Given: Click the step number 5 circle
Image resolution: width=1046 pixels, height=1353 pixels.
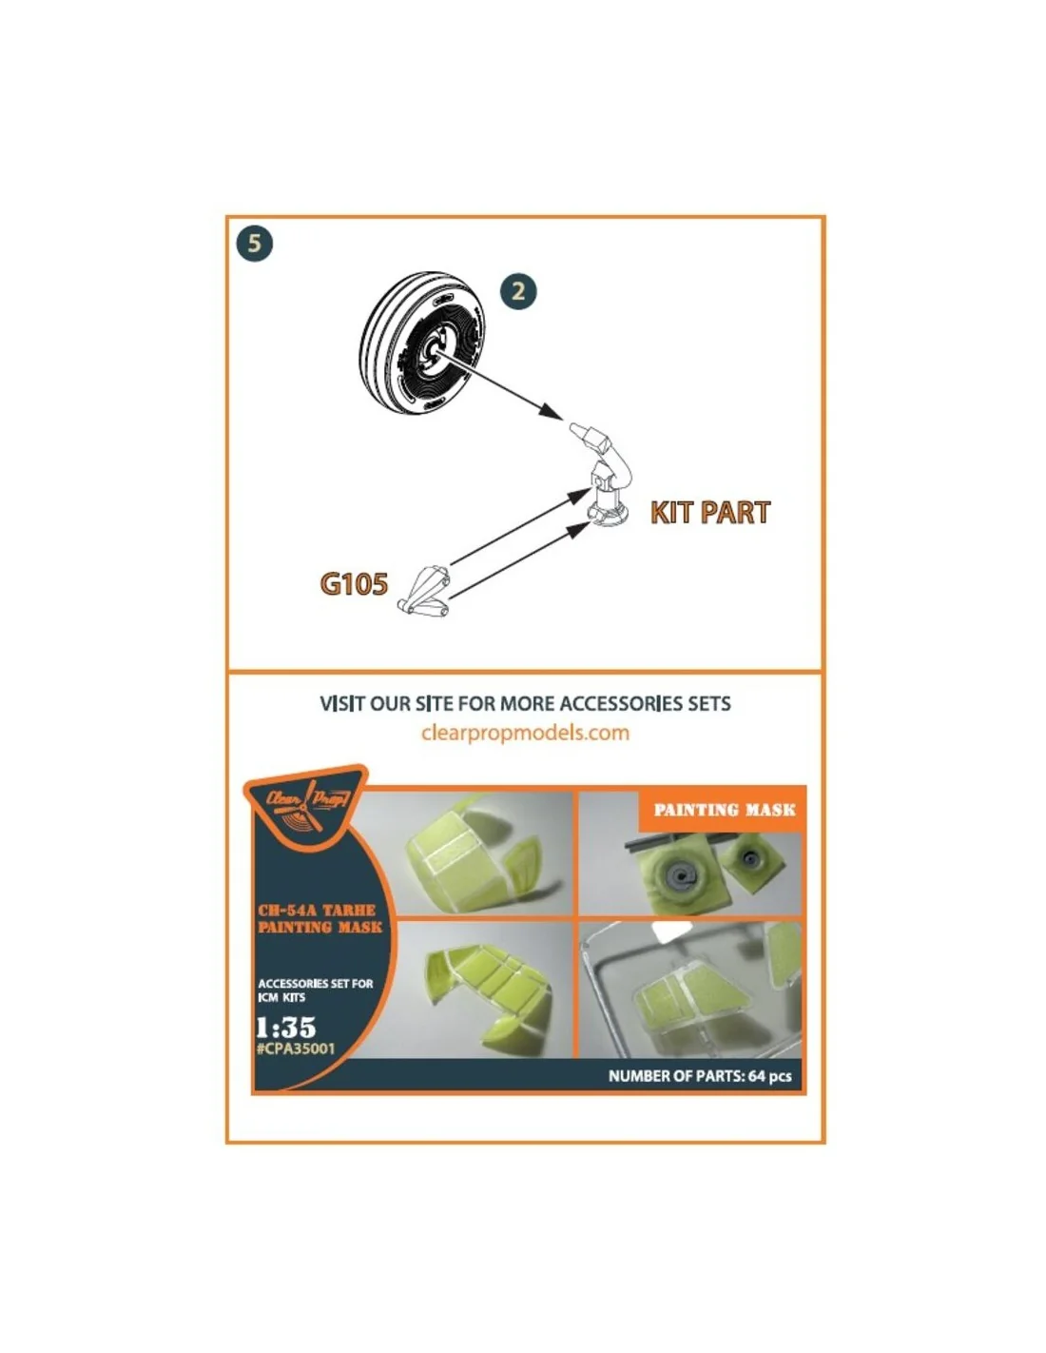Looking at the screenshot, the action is pyautogui.click(x=255, y=243).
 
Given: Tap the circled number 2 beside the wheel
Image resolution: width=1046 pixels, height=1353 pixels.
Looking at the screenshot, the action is pyautogui.click(x=517, y=291).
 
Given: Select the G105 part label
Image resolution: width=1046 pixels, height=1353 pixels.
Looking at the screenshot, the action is pyautogui.click(x=354, y=583).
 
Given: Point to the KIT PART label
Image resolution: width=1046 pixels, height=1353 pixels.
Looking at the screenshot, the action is pyautogui.click(x=710, y=512).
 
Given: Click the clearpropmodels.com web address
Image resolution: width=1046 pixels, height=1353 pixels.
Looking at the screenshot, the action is pyautogui.click(x=525, y=733).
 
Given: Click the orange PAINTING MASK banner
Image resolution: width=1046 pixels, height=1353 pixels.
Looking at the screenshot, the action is pyautogui.click(x=724, y=810).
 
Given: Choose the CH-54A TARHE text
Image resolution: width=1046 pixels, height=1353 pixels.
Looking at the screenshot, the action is pyautogui.click(x=316, y=911).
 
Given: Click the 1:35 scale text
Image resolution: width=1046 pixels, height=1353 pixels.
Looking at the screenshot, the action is pyautogui.click(x=285, y=1028).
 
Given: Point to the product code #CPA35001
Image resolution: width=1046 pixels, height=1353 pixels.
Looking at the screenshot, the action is pyautogui.click(x=296, y=1049).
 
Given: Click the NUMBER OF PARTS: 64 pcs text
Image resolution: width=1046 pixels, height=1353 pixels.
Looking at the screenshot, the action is pyautogui.click(x=700, y=1076).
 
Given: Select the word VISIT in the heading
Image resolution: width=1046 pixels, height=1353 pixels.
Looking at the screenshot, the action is pyautogui.click(x=342, y=703).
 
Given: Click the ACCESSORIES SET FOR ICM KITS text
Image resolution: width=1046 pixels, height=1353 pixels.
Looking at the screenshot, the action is pyautogui.click(x=315, y=990).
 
